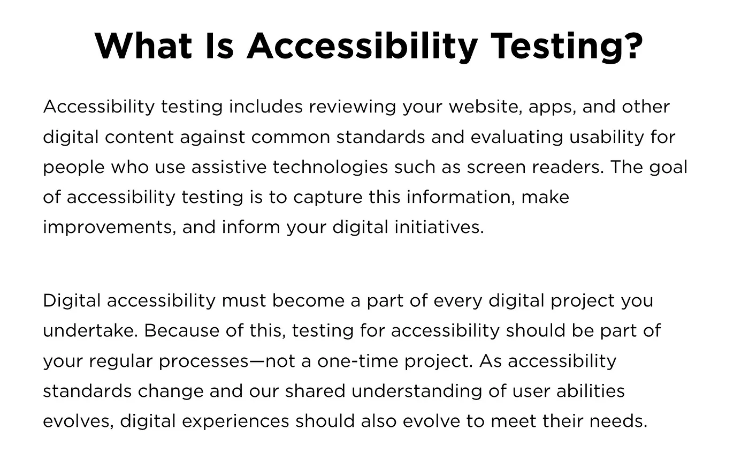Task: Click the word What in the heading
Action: (x=143, y=46)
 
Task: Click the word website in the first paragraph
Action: (x=485, y=107)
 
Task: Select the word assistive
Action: (x=229, y=167)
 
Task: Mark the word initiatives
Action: (x=439, y=227)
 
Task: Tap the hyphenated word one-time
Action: (x=358, y=361)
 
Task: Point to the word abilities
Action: (x=591, y=391)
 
